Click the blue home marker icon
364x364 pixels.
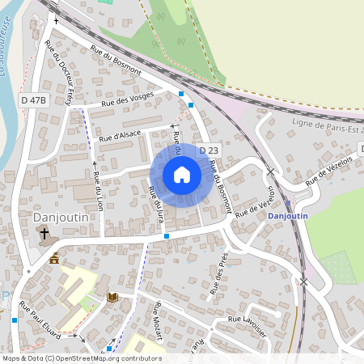(182, 175)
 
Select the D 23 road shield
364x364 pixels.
(209, 150)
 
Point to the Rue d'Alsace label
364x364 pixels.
(121, 133)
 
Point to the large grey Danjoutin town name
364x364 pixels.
(60, 218)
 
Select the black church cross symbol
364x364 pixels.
(44, 234)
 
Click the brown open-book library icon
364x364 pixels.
(112, 297)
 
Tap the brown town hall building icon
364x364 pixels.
(54, 258)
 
